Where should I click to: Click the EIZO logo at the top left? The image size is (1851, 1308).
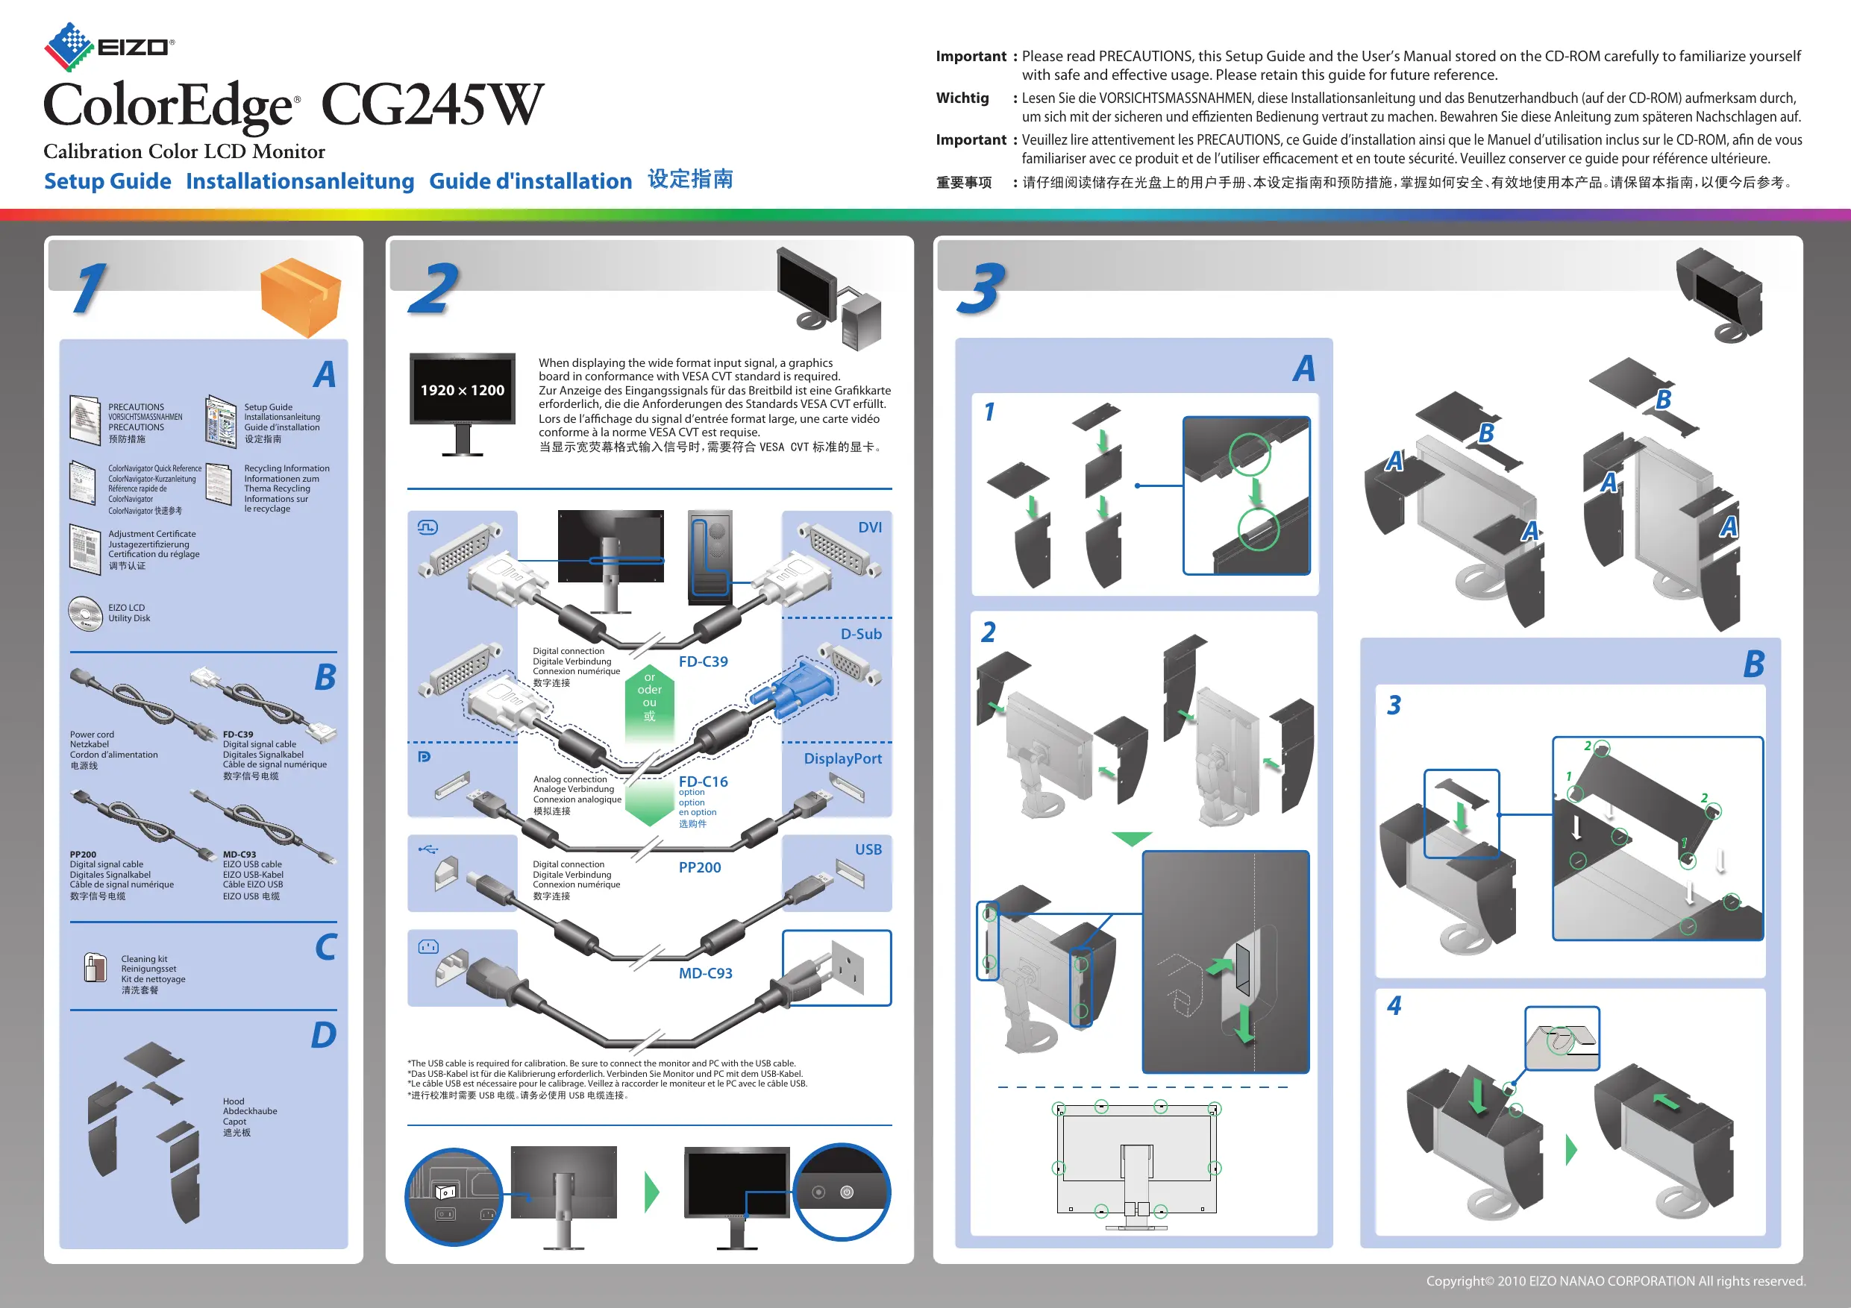109,47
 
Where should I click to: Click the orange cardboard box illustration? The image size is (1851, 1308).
301,298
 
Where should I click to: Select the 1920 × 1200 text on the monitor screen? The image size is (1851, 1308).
462,390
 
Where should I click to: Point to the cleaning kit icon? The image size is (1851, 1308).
95,967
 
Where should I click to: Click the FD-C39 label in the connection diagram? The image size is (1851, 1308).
703,661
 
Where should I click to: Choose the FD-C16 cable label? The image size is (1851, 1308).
703,781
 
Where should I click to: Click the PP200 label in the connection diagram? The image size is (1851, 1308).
700,867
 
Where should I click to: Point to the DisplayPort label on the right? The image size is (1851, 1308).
842,758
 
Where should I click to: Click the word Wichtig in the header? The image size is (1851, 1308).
962,98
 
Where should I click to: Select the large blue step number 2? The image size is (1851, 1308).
433,289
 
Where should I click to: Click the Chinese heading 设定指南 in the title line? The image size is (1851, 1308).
691,179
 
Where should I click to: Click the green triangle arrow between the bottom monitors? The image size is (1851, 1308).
651,1192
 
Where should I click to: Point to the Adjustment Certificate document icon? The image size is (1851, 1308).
84,549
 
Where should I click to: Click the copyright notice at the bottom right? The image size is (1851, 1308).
1615,1280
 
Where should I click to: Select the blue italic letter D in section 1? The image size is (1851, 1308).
323,1035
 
